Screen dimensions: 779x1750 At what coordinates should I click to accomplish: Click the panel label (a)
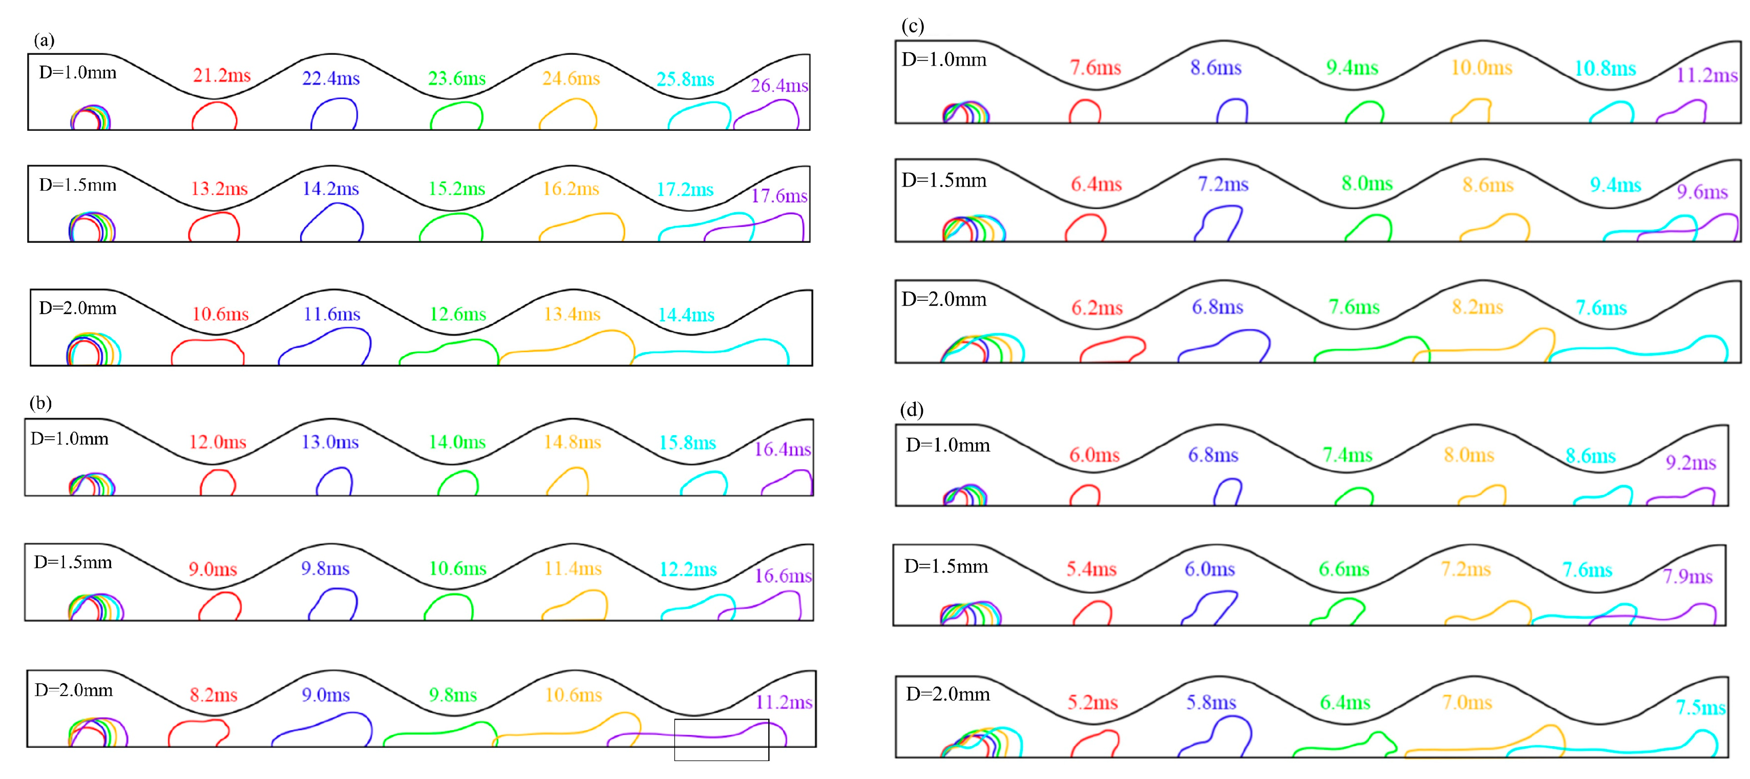coord(44,41)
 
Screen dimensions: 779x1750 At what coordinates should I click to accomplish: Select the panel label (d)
coord(911,410)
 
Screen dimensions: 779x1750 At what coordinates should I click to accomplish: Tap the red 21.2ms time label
coord(221,75)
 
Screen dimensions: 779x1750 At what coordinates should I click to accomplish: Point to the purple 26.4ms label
coord(779,86)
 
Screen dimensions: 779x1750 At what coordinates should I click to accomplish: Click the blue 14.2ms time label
coord(330,189)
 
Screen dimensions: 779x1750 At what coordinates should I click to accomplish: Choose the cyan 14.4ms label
coord(686,315)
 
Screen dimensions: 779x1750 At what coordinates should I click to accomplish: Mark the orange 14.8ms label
coord(572,442)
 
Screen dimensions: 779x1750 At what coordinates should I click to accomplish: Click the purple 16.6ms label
coord(783,576)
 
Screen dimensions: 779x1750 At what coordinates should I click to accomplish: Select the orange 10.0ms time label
coord(1481,68)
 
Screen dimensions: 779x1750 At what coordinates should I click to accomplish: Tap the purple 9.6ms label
coord(1702,192)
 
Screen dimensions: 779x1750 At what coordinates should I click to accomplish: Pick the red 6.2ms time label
coord(1097,309)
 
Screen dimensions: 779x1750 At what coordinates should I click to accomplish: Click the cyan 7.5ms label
coord(1700,708)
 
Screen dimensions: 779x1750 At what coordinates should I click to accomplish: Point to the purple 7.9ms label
coord(1688,577)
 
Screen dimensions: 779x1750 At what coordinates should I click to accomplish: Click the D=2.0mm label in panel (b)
coord(73,691)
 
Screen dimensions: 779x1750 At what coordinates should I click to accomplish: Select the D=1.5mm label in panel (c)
coord(943,181)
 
